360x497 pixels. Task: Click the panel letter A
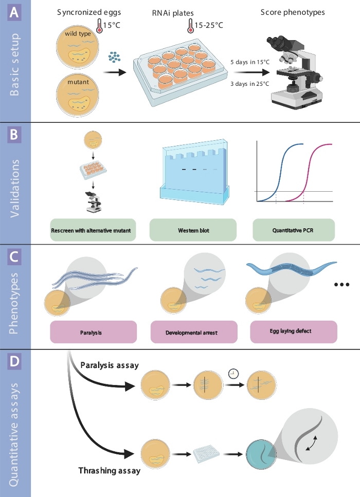point(14,13)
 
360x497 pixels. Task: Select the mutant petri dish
point(78,95)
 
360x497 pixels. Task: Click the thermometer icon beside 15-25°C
point(190,26)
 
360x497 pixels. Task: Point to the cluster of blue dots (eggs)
point(114,57)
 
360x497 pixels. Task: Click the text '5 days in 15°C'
point(250,62)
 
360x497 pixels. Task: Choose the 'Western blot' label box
point(193,230)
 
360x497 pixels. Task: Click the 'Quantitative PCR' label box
point(294,230)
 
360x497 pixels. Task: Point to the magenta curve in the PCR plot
point(309,173)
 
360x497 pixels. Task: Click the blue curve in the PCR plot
point(280,173)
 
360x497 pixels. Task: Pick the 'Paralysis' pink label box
point(94,332)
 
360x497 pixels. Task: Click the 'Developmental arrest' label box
point(194,332)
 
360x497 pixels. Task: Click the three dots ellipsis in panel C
point(341,285)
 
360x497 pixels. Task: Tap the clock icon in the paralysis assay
point(233,374)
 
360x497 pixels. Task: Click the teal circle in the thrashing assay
point(261,454)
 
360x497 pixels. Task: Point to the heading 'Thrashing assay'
point(110,471)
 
